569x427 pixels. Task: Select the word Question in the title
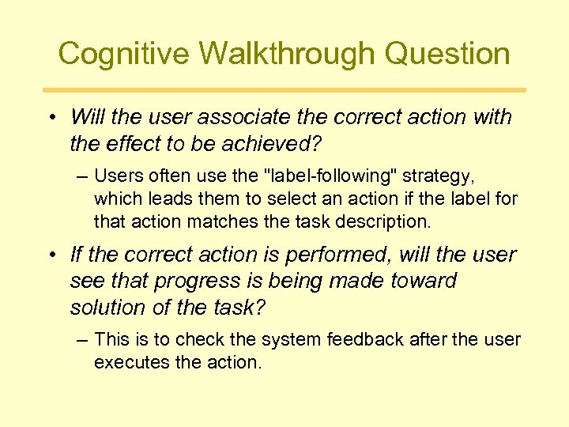pos(458,54)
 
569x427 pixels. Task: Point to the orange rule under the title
pos(284,90)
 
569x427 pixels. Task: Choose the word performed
pos(348,255)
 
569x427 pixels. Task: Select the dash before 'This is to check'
pos(83,340)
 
